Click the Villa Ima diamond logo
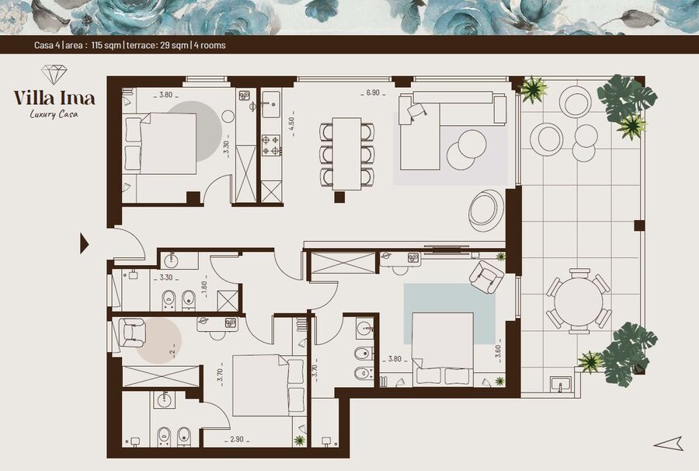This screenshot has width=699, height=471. click(54, 75)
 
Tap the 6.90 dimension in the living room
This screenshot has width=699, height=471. click(373, 92)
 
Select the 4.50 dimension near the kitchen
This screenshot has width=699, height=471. click(291, 125)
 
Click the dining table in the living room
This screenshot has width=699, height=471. click(347, 153)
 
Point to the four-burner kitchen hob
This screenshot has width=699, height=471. click(270, 145)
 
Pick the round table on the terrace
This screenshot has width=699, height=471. click(579, 301)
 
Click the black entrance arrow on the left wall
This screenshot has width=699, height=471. click(84, 243)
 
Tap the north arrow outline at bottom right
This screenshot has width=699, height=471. click(669, 443)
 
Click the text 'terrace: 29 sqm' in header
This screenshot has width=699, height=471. click(158, 45)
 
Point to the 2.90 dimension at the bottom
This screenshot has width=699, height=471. click(237, 439)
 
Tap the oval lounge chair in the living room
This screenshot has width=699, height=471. click(485, 210)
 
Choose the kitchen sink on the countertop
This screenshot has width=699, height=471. click(271, 105)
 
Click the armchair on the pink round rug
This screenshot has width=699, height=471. click(132, 333)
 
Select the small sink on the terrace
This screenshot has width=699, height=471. click(560, 385)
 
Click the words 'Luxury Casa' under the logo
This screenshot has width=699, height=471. click(54, 114)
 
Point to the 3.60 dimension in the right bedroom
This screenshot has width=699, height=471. click(499, 351)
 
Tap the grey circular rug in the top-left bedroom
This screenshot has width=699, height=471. click(195, 131)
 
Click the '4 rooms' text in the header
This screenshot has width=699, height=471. click(210, 45)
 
